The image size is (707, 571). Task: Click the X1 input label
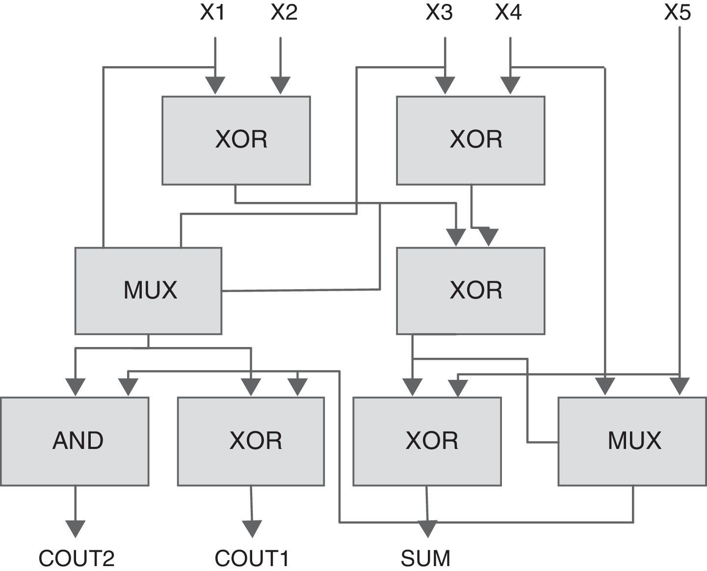pyautogui.click(x=212, y=13)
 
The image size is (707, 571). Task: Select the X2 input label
pyautogui.click(x=284, y=13)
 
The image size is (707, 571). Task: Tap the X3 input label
pyautogui.click(x=439, y=13)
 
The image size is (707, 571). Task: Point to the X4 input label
pyautogui.click(x=508, y=13)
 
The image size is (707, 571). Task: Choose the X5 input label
pyautogui.click(x=678, y=13)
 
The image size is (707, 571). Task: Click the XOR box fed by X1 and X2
pyautogui.click(x=236, y=140)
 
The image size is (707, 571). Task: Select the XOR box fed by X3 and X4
pyautogui.click(x=471, y=140)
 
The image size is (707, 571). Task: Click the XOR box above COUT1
pyautogui.click(x=251, y=441)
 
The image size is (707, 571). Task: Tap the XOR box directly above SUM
pyautogui.click(x=427, y=441)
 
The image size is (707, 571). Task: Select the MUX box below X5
pyautogui.click(x=632, y=441)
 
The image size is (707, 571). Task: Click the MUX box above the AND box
pyautogui.click(x=148, y=291)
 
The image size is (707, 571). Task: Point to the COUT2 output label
pyautogui.click(x=77, y=558)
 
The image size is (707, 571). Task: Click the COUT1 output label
pyautogui.click(x=252, y=558)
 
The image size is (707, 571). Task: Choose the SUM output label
pyautogui.click(x=425, y=558)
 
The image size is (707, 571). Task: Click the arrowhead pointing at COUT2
pyautogui.click(x=75, y=529)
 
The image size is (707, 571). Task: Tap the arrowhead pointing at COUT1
pyautogui.click(x=252, y=529)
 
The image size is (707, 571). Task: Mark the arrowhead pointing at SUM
pyautogui.click(x=428, y=529)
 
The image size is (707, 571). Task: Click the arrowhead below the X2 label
pyautogui.click(x=281, y=85)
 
